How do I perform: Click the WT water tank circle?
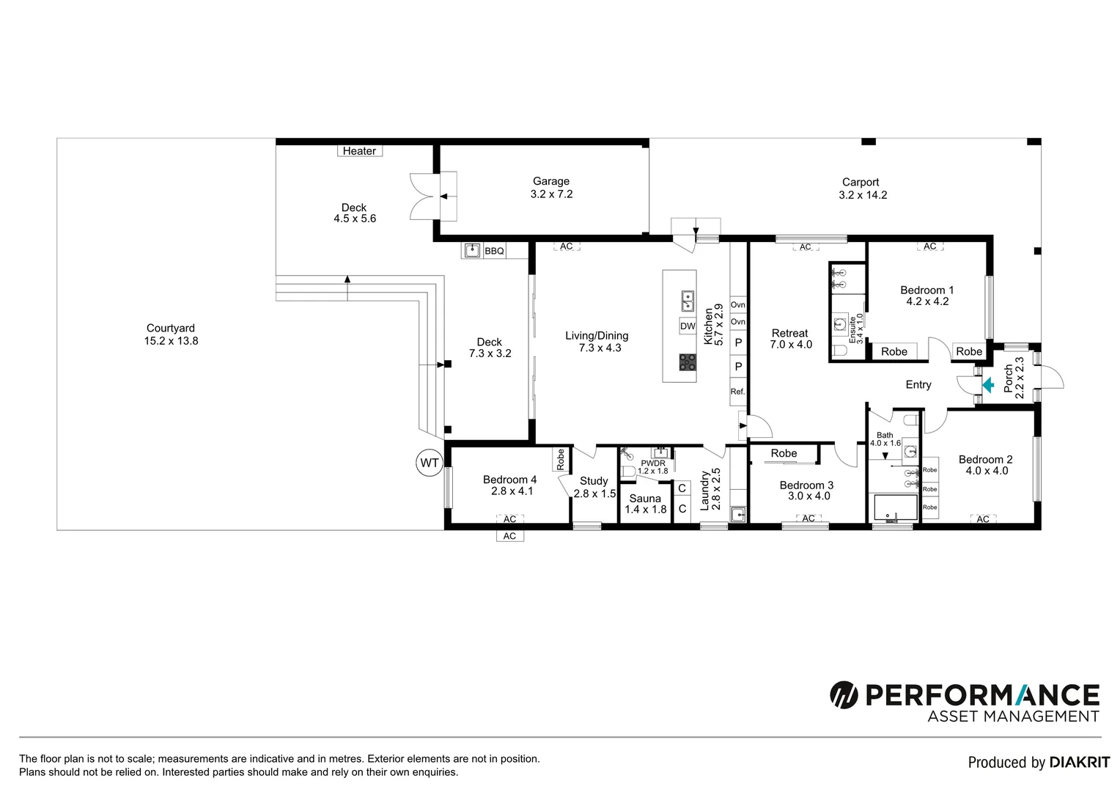pos(429,463)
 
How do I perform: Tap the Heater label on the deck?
pos(359,151)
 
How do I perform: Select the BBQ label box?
pos(494,251)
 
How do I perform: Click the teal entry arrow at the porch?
pos(988,384)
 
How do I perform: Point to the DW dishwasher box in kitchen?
pos(688,326)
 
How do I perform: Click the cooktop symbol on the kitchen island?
pos(688,362)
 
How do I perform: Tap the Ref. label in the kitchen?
pos(737,392)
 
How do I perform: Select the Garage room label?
pos(551,181)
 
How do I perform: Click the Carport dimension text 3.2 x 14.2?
pos(863,195)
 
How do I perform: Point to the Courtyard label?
pos(171,329)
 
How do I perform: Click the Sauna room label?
pos(645,498)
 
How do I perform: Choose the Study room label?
pos(594,481)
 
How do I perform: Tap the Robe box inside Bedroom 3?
pos(784,453)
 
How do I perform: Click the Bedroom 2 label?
pos(985,459)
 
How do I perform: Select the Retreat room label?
pos(789,333)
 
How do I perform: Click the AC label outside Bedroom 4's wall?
pos(509,536)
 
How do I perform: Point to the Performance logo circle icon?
pos(844,694)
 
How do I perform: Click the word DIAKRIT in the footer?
pos(1079,763)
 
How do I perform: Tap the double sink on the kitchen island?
pos(688,301)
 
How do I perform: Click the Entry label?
pos(918,384)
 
